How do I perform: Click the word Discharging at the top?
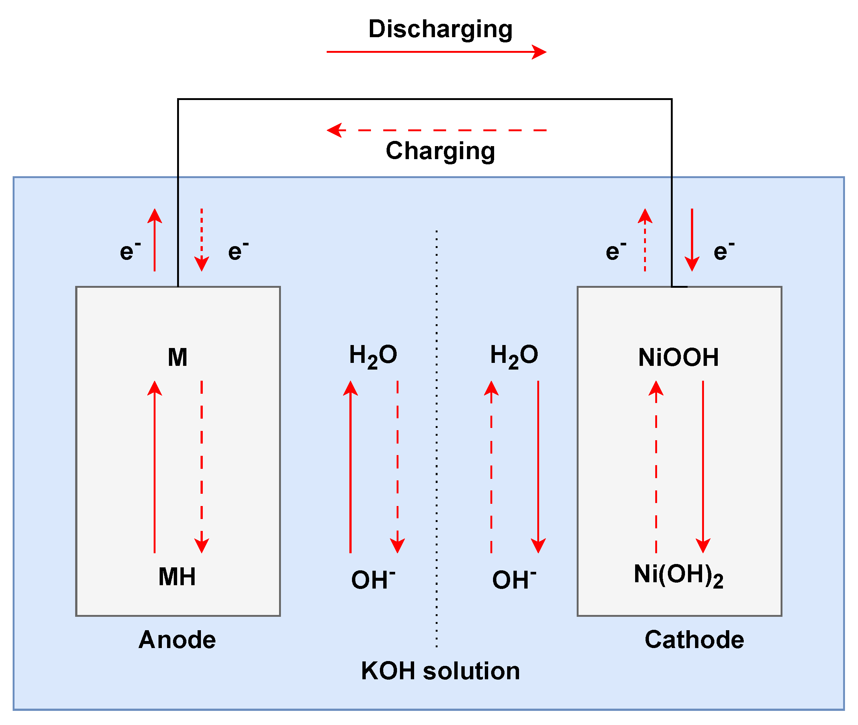[440, 30]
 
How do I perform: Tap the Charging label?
[440, 151]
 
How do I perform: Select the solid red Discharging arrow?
[436, 52]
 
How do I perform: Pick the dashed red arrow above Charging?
[436, 130]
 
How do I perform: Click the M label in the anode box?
[178, 357]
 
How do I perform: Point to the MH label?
[177, 577]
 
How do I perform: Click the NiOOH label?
[679, 357]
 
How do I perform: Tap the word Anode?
[177, 640]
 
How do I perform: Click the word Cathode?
[694, 640]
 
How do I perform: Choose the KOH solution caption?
[440, 671]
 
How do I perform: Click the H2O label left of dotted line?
[373, 355]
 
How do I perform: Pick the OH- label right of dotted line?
[514, 580]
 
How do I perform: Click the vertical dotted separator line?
[436, 452]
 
